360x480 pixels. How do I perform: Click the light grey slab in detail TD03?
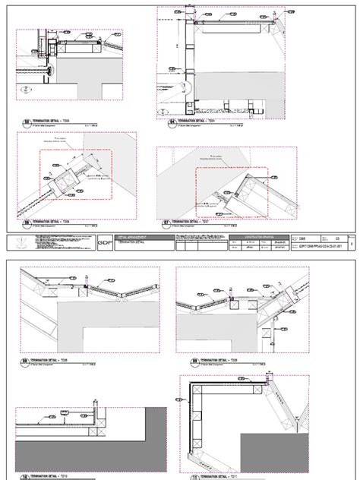[x=84, y=84]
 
